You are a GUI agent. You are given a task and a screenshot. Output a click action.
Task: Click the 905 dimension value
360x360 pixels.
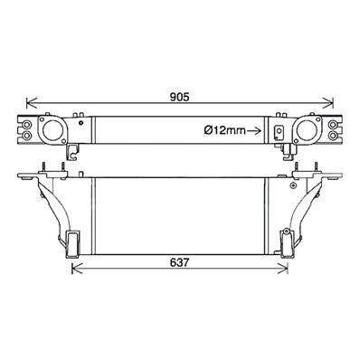pyautogui.click(x=179, y=97)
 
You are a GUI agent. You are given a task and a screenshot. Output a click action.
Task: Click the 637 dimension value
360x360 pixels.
pyautogui.click(x=180, y=262)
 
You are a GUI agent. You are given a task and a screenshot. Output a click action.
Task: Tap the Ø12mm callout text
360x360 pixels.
pyautogui.click(x=224, y=130)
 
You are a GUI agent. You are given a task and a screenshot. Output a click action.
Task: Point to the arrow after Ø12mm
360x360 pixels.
pyautogui.click(x=254, y=130)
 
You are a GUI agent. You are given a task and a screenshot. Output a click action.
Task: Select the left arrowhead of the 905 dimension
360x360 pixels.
pyautogui.click(x=32, y=103)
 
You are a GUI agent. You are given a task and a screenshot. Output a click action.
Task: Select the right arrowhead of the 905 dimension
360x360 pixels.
pyautogui.click(x=328, y=103)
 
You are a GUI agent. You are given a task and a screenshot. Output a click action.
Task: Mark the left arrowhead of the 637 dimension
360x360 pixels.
pyautogui.click(x=77, y=268)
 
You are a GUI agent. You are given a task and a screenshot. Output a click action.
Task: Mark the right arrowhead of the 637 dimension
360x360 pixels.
pyautogui.click(x=282, y=268)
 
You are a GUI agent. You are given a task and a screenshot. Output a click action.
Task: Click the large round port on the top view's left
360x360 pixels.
pyautogui.click(x=52, y=130)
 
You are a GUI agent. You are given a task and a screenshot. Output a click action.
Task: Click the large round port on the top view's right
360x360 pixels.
pyautogui.click(x=307, y=130)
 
